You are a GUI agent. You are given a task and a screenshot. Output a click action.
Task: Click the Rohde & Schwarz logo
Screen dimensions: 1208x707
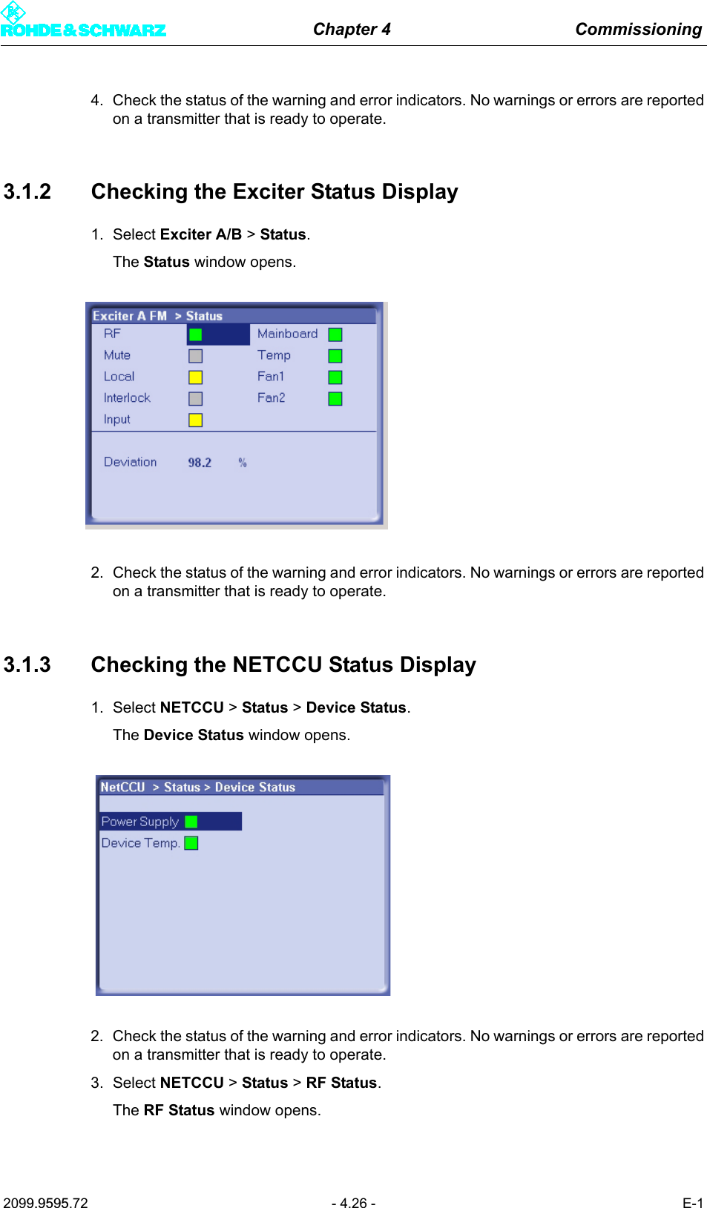[x=82, y=22]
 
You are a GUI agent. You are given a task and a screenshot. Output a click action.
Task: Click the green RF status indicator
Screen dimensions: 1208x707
[x=195, y=334]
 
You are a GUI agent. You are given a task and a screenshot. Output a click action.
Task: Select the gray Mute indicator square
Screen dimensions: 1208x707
[x=195, y=356]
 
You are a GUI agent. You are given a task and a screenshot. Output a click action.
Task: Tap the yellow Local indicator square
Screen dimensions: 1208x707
[x=195, y=377]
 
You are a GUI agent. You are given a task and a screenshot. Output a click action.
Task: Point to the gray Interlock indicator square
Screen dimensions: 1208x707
[x=195, y=399]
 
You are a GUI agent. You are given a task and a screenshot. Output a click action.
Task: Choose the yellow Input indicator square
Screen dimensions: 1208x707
[x=195, y=420]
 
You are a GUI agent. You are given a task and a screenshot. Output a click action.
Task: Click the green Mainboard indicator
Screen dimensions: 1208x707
[x=335, y=334]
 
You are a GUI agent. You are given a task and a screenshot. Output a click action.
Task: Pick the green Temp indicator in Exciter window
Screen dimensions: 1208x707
[x=335, y=356]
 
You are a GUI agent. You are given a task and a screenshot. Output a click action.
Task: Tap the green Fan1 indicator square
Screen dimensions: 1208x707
[x=335, y=377]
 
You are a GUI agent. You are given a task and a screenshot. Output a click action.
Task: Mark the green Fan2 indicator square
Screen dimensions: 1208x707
[x=335, y=399]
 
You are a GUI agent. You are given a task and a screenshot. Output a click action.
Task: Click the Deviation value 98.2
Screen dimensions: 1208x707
[x=200, y=463]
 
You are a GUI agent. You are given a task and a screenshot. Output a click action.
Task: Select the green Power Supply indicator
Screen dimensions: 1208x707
[x=191, y=822]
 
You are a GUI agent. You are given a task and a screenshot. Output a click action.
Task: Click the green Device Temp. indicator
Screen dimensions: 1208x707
[x=191, y=843]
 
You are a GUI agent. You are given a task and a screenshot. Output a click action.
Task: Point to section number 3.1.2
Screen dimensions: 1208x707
[x=27, y=192]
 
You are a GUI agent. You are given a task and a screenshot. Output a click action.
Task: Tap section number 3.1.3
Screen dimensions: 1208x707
[x=27, y=665]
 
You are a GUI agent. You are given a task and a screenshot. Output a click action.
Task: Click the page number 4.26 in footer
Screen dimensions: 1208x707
[x=353, y=1203]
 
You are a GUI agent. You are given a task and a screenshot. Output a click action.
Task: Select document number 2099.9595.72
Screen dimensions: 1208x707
[x=45, y=1203]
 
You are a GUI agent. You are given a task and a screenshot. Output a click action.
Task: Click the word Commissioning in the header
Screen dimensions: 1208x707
[x=638, y=30]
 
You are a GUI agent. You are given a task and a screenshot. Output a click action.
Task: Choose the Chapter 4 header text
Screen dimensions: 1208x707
[x=352, y=30]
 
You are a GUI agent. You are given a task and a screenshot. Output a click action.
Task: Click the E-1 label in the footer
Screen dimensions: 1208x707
[x=692, y=1203]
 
